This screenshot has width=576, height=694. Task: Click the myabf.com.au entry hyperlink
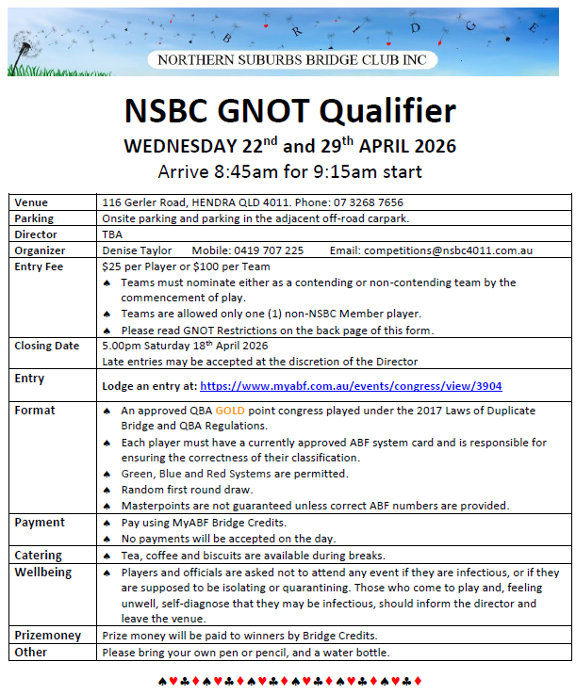point(370,386)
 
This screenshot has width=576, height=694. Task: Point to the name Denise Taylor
point(137,250)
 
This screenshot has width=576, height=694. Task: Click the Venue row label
point(31,202)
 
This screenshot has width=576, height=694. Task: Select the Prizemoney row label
point(47,636)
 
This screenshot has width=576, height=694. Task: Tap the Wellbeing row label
point(42,573)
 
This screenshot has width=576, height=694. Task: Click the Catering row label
point(39,556)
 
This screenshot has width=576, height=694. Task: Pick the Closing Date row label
point(47,346)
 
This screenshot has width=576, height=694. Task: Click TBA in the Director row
point(112,234)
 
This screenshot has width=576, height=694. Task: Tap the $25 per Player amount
point(140,266)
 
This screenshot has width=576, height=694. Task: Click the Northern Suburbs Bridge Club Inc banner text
point(291,60)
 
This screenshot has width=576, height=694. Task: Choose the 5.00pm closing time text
point(121,346)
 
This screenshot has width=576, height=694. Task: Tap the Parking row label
point(34,218)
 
